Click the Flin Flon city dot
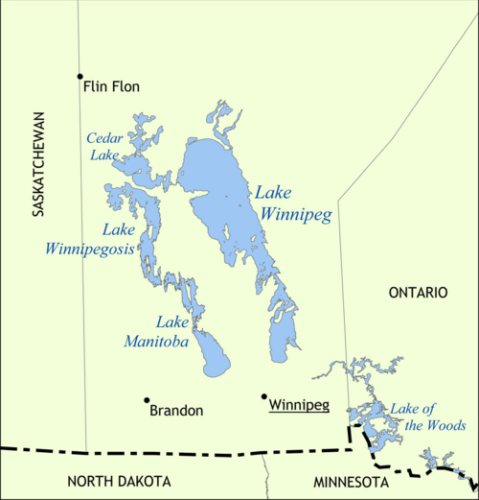(x=80, y=76)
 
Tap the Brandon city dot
(x=147, y=400)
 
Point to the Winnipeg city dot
(x=264, y=395)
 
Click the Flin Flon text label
(x=111, y=86)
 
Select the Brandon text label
(x=176, y=411)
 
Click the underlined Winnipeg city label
(x=299, y=405)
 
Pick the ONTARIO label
(x=417, y=293)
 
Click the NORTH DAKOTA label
(x=119, y=481)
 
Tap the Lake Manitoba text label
(x=157, y=331)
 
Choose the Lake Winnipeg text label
(x=292, y=202)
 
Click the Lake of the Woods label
(x=426, y=417)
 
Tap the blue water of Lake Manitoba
(x=216, y=361)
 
